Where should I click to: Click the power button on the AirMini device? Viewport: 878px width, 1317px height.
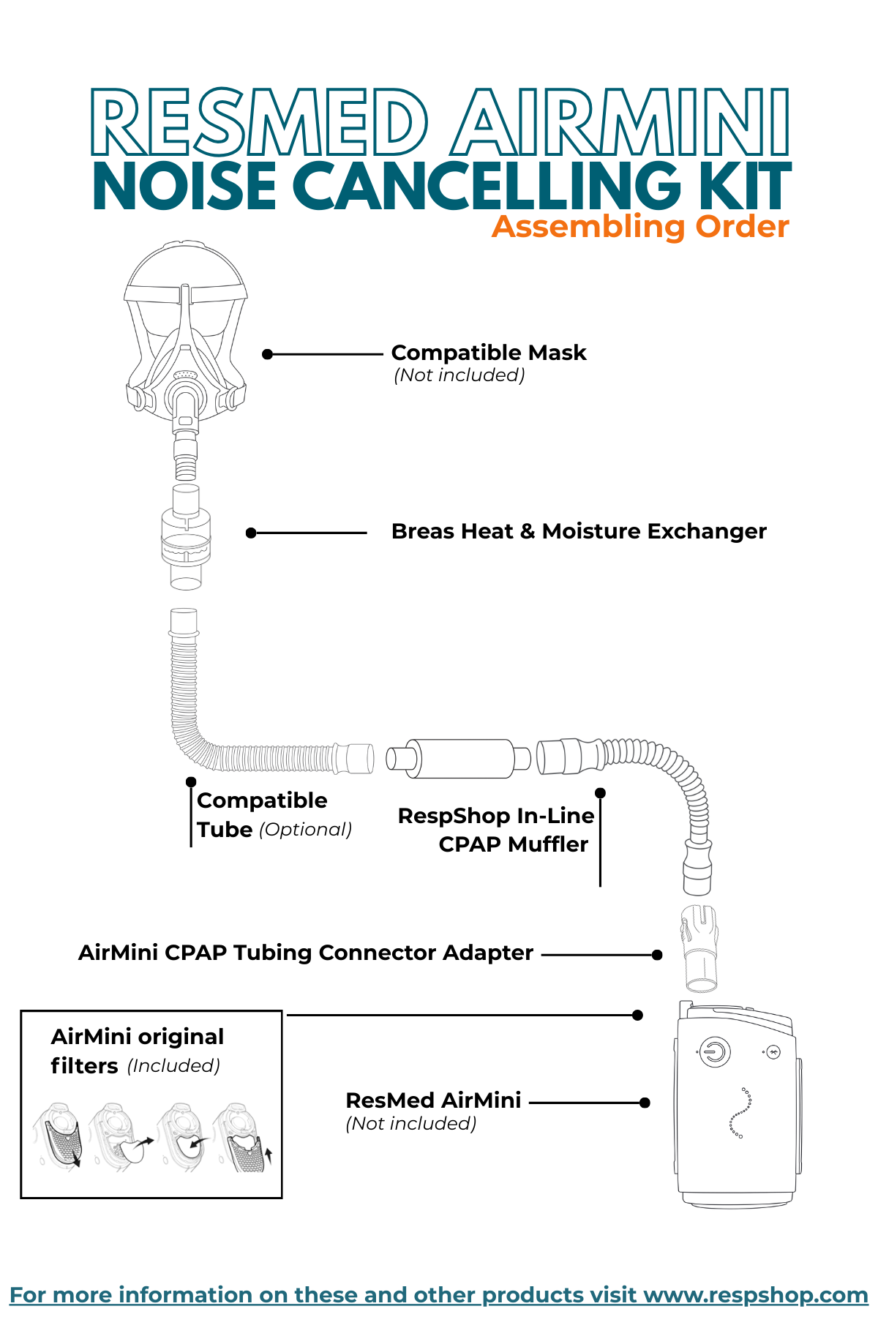click(714, 1052)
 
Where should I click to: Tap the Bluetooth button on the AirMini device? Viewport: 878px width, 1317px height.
click(773, 1052)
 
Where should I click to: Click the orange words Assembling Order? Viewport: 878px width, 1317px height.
click(640, 227)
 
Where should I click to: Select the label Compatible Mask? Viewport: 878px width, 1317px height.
click(488, 353)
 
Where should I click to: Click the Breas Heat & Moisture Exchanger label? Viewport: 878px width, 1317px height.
click(578, 531)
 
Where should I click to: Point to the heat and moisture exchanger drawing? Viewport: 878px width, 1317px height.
click(186, 537)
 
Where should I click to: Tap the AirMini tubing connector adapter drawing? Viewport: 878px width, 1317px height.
click(699, 947)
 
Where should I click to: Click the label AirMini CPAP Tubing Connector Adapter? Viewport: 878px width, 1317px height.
click(305, 953)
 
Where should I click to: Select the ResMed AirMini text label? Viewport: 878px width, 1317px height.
click(433, 1100)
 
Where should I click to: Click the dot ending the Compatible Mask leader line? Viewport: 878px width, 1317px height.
click(268, 354)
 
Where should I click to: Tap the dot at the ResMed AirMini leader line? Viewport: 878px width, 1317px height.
click(645, 1103)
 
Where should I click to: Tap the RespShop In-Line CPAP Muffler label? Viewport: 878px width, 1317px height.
click(495, 830)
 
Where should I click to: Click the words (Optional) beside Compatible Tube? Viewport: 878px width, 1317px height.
click(306, 830)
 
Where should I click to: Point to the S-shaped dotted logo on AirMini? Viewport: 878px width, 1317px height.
click(740, 1113)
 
